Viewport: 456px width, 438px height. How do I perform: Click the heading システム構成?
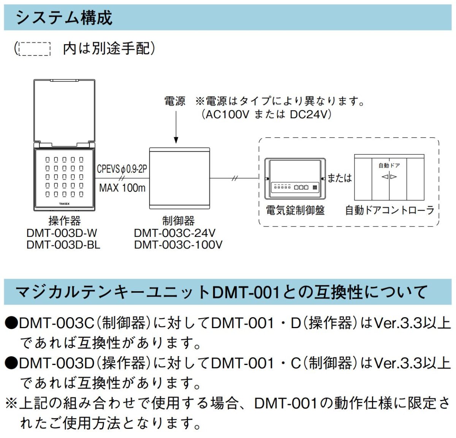[x=64, y=17]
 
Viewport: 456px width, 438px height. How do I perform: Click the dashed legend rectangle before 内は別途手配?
[x=34, y=49]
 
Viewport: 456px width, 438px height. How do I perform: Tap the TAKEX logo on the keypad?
[x=64, y=204]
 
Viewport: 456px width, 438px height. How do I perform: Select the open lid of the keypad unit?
[x=64, y=111]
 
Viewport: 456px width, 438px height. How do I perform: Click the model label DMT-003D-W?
[x=62, y=233]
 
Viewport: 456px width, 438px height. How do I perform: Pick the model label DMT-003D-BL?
[x=63, y=244]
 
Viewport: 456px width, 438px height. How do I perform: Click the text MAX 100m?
[x=122, y=187]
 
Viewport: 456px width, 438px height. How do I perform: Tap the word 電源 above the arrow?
[x=174, y=101]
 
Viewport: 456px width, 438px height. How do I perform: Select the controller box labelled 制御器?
[x=179, y=178]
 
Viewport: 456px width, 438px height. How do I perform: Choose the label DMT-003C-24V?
[x=174, y=233]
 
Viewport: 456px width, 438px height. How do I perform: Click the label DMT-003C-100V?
[x=178, y=244]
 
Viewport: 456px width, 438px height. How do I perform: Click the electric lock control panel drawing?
[x=295, y=178]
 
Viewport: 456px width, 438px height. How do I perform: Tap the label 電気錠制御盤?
[x=295, y=210]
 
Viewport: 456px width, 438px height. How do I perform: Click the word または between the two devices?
[x=339, y=178]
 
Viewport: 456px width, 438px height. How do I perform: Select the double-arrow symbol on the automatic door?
[x=389, y=177]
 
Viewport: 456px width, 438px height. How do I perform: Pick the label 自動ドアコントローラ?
[x=389, y=210]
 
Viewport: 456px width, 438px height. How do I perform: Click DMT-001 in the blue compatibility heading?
[x=246, y=292]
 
